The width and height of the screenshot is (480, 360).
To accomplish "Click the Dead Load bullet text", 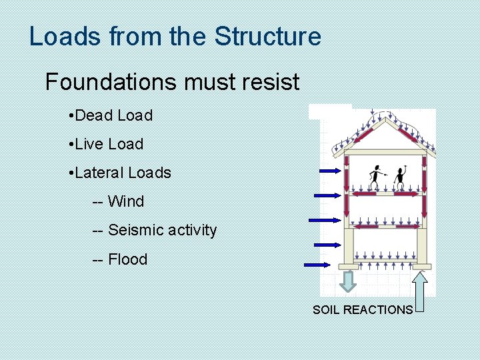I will coord(113,115).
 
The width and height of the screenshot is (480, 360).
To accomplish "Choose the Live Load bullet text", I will coord(109,144).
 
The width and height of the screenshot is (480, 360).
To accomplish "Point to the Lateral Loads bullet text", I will coord(123,173).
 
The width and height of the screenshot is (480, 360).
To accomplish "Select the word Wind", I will coord(126,201).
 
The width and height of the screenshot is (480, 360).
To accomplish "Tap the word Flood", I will coord(127,259).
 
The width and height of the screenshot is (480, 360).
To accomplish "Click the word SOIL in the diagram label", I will coord(326,310).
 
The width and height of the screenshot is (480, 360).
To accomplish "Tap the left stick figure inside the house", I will coord(377,177).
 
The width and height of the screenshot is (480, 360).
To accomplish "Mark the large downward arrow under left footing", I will coord(347,281).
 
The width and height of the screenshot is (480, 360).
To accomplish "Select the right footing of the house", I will coord(421,267).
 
